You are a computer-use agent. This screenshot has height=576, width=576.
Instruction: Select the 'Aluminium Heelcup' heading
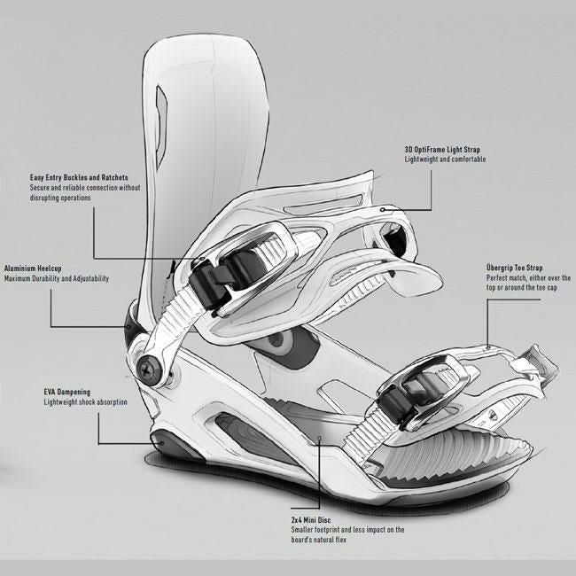tap(41, 267)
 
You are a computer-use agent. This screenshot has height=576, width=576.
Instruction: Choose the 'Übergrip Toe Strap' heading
tap(515, 267)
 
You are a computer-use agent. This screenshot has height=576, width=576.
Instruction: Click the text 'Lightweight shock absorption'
tap(86, 402)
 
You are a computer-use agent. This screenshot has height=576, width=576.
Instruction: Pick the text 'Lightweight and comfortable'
tap(445, 160)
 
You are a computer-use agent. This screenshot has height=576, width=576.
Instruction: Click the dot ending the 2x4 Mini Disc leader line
tap(317, 440)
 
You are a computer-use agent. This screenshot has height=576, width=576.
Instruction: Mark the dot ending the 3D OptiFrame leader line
tap(381, 210)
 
